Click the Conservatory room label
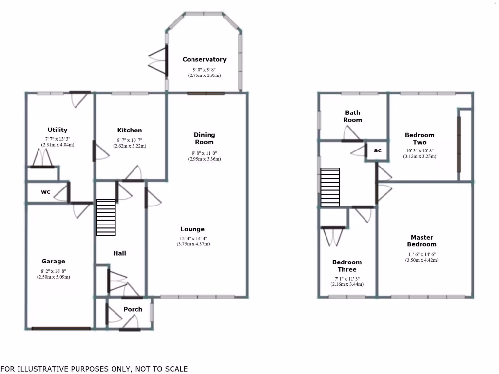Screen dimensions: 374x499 (x=204, y=59)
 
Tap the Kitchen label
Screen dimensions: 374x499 (x=130, y=130)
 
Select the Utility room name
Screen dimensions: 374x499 (x=58, y=130)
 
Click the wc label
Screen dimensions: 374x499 (x=45, y=192)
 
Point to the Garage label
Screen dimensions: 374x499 (x=53, y=261)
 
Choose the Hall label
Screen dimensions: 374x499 (x=119, y=253)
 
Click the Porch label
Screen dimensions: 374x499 (x=133, y=309)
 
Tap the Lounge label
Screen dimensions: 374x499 (x=192, y=229)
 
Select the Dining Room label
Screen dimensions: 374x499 (x=204, y=138)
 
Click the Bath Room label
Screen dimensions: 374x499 (x=352, y=116)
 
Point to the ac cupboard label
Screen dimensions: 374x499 (x=378, y=150)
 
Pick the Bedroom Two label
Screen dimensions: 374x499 (x=420, y=138)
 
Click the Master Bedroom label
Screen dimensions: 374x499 (x=422, y=241)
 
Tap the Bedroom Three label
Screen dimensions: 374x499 (x=347, y=265)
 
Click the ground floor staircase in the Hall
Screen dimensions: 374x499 (x=106, y=217)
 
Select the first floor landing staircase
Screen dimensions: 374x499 (x=329, y=187)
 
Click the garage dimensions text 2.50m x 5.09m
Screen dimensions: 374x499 (x=53, y=277)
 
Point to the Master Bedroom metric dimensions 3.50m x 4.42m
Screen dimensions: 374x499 (x=422, y=260)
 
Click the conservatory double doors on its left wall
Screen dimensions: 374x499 (x=158, y=60)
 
